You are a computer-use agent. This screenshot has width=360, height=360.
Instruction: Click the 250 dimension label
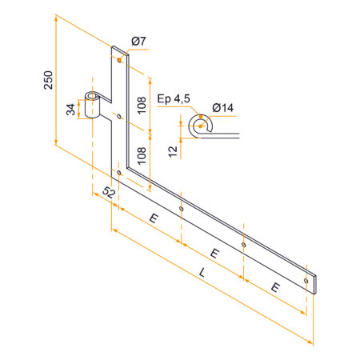point(48,81)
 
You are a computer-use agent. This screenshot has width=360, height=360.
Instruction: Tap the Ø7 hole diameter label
point(138,41)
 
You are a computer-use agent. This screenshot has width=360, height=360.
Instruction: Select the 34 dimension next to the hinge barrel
point(70,108)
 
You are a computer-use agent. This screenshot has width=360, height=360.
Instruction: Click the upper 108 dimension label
point(142,103)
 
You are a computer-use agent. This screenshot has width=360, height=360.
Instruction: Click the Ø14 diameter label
point(222,108)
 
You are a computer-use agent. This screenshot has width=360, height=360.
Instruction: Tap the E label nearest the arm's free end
point(275,286)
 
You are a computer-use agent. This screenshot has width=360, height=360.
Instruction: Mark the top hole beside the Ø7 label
point(119,59)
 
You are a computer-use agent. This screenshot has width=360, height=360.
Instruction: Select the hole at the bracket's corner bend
point(119,171)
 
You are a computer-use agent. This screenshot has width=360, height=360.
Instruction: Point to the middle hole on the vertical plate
point(119,116)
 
